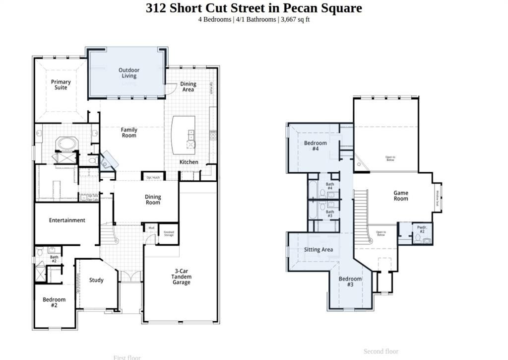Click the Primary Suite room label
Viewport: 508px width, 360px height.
tap(61, 85)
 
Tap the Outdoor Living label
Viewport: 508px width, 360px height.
tap(128, 73)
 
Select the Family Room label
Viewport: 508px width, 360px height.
tap(129, 133)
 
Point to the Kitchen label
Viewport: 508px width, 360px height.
tap(189, 162)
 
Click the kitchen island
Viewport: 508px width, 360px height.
tap(183, 135)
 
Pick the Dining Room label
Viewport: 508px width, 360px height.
tap(153, 200)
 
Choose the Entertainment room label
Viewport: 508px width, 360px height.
tap(67, 220)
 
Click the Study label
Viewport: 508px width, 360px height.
tap(96, 280)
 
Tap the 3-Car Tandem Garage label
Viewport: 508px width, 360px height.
tap(181, 277)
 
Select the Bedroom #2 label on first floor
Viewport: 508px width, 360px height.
tap(54, 302)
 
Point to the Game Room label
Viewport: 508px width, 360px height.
tap(401, 196)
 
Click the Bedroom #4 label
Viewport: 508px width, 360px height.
tap(315, 146)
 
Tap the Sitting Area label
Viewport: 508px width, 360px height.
tap(318, 250)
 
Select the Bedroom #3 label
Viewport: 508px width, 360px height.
tap(350, 282)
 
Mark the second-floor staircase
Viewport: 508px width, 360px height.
tap(361, 216)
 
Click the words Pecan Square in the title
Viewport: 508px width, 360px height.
tap(322, 8)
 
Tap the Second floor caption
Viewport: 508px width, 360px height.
tap(381, 352)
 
